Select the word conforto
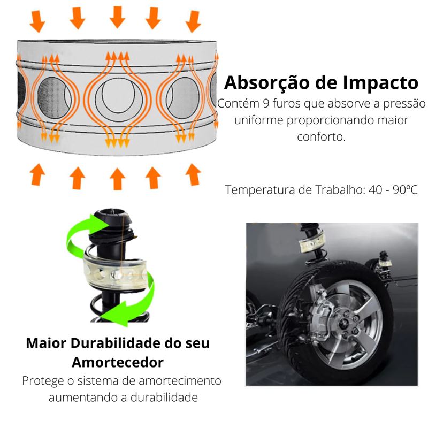(321, 136)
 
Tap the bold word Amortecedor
(117, 362)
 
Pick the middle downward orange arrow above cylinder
(117, 17)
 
